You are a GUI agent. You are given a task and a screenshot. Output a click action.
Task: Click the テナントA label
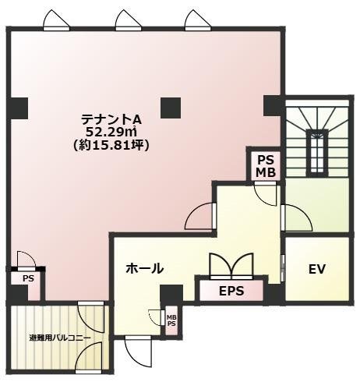(x=111, y=120)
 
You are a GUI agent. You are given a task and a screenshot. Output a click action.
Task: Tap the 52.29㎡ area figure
(x=111, y=133)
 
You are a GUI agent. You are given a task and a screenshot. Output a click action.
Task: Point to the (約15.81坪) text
(x=111, y=145)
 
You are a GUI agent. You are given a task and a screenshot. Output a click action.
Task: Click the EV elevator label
(x=317, y=269)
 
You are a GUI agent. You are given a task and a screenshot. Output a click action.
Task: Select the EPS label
(x=231, y=291)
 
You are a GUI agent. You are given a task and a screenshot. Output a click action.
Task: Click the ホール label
(x=145, y=268)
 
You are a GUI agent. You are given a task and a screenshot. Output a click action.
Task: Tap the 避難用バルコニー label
(x=60, y=338)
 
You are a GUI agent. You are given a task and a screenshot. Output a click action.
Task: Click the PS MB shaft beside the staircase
(x=266, y=166)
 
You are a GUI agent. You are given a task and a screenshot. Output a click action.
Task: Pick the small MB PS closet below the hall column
(x=171, y=320)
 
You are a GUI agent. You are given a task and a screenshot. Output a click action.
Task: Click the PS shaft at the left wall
(x=28, y=278)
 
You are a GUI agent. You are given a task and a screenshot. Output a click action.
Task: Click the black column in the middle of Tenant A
(x=171, y=108)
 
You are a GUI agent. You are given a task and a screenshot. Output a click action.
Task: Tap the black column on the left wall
(x=17, y=108)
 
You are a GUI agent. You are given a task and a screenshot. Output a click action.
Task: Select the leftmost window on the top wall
(x=56, y=20)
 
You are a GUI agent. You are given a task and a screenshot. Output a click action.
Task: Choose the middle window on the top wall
(x=129, y=20)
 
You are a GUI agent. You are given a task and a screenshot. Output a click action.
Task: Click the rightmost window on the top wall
(x=198, y=20)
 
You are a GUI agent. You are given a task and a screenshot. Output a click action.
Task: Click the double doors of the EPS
(x=231, y=266)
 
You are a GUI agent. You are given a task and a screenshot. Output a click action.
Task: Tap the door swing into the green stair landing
(x=297, y=218)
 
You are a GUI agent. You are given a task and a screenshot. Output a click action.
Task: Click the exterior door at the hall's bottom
(x=138, y=352)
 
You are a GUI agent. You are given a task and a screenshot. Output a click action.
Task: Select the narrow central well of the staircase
(x=316, y=154)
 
